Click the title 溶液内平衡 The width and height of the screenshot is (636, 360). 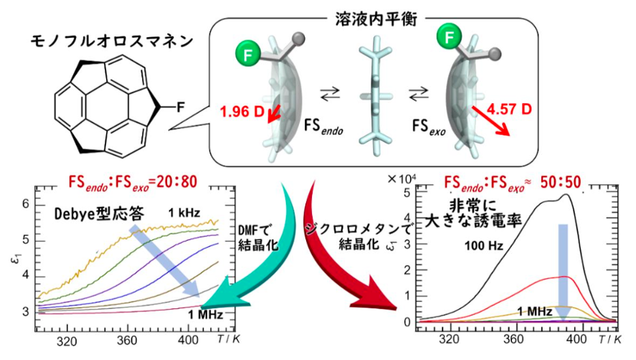[376, 19]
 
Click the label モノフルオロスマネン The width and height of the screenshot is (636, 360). [112, 41]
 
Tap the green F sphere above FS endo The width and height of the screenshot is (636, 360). [247, 55]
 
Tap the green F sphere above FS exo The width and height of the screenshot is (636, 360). [449, 37]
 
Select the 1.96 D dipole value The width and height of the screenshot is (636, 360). [242, 112]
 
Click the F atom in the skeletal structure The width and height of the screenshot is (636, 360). [181, 107]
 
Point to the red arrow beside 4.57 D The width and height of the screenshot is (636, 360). [490, 120]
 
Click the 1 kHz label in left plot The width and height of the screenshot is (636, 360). [184, 213]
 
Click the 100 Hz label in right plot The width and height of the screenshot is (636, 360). [484, 245]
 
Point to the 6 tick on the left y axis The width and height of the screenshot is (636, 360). [26, 204]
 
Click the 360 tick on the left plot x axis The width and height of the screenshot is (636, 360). [127, 341]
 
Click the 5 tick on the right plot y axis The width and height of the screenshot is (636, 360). [407, 193]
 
